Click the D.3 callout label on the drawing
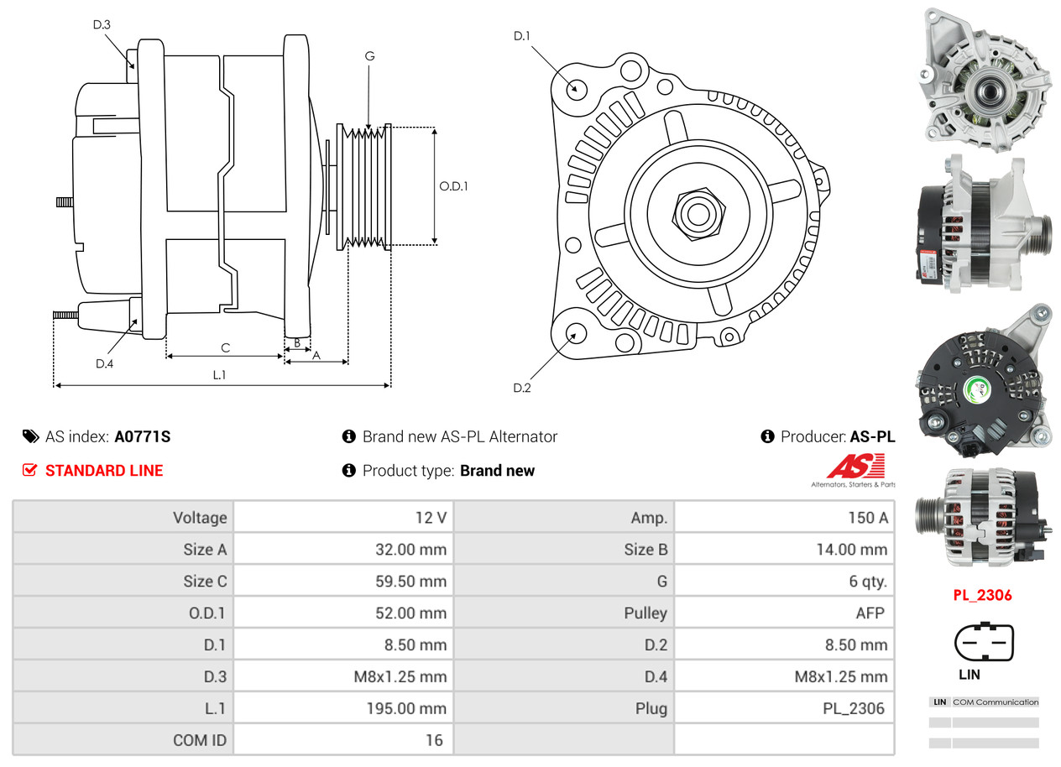pyautogui.click(x=102, y=24)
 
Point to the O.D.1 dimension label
pyautogui.click(x=453, y=186)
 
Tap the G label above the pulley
pyautogui.click(x=369, y=56)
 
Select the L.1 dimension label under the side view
pyautogui.click(x=219, y=375)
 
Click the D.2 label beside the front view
pyautogui.click(x=522, y=388)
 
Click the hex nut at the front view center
pyautogui.click(x=696, y=213)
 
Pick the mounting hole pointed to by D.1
pyautogui.click(x=576, y=87)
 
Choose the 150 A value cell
pyautogui.click(x=867, y=518)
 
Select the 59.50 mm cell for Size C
pyautogui.click(x=410, y=582)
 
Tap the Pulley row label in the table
pyautogui.click(x=645, y=613)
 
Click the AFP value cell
pyautogui.click(x=870, y=613)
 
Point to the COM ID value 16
pyautogui.click(x=433, y=740)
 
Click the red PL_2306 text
pyautogui.click(x=982, y=596)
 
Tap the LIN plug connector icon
pyautogui.click(x=984, y=644)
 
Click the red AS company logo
pyautogui.click(x=855, y=467)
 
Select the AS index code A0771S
pyautogui.click(x=143, y=436)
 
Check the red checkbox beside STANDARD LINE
pyautogui.click(x=29, y=471)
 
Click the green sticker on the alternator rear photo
pyautogui.click(x=978, y=388)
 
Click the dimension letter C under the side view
pyautogui.click(x=225, y=347)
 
